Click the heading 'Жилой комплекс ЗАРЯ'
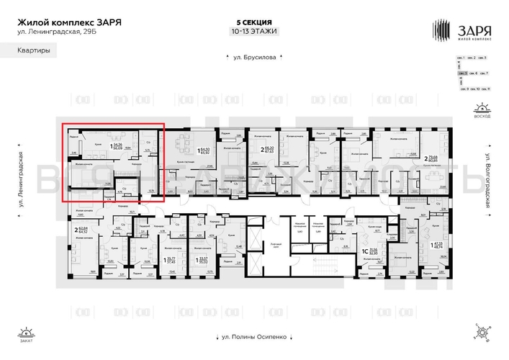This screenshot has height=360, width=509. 69,22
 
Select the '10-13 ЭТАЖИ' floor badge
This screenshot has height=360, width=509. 254,32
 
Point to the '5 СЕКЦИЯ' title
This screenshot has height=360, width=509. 254,22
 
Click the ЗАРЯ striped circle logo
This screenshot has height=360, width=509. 441,30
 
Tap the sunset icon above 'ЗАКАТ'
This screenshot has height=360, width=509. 27,333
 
